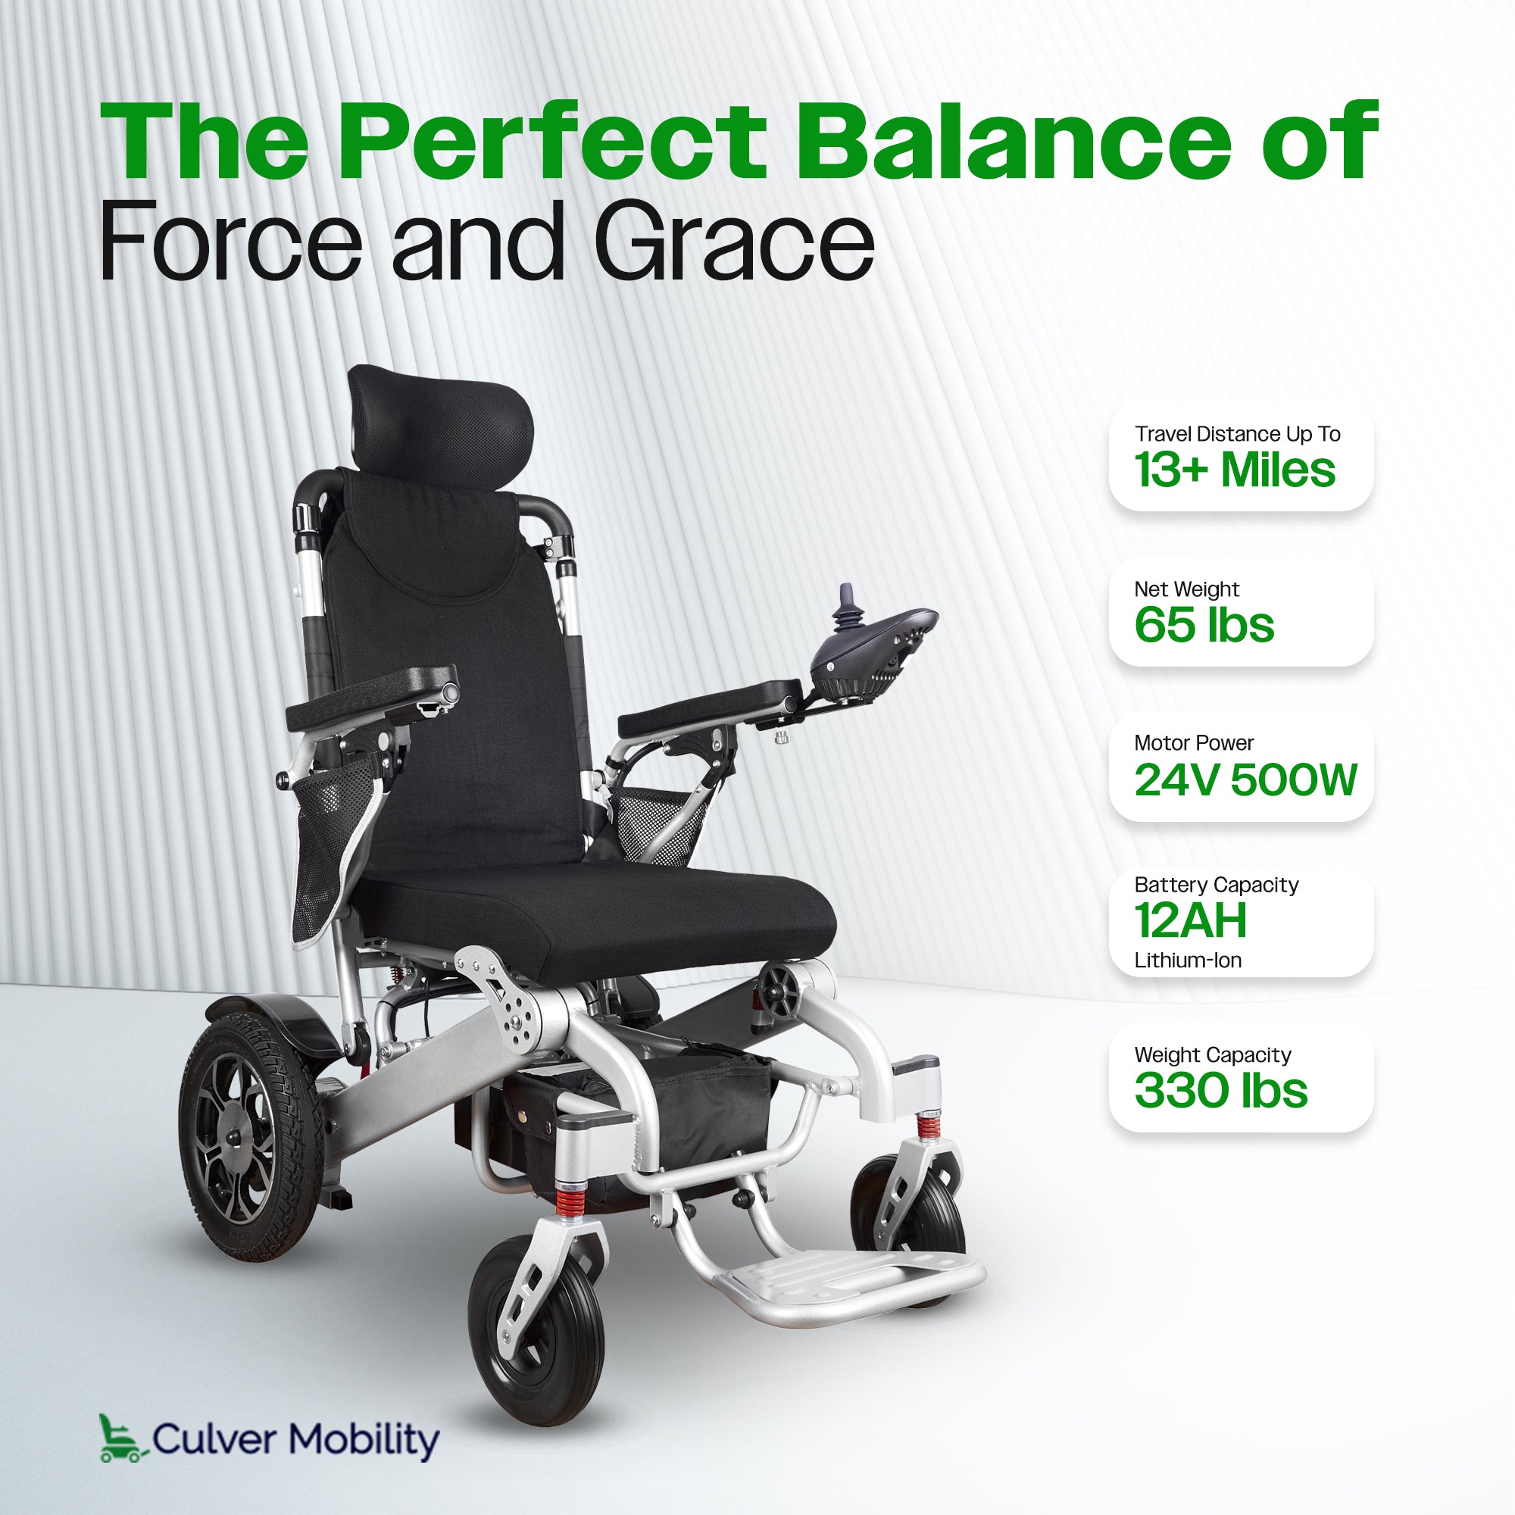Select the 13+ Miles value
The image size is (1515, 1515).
tap(1234, 470)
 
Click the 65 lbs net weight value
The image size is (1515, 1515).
tap(1204, 625)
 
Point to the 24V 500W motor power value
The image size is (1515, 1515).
tap(1245, 779)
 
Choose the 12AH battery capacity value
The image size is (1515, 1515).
tap(1189, 920)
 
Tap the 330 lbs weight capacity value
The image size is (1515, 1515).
tap(1220, 1091)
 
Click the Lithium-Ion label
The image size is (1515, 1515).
tap(1187, 961)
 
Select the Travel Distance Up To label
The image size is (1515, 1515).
tap(1237, 433)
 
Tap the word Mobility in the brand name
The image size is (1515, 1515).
tap(363, 1440)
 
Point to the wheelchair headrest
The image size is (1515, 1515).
tap(441, 420)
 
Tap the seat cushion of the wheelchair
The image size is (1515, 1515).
tap(596, 917)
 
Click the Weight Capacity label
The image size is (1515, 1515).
tap(1212, 1054)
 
